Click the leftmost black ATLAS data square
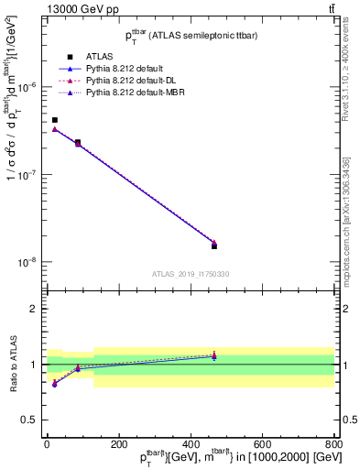(x=55, y=120)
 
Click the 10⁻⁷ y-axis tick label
(x=26, y=175)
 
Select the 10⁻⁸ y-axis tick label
(x=26, y=262)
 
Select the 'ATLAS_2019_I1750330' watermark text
(x=191, y=274)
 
